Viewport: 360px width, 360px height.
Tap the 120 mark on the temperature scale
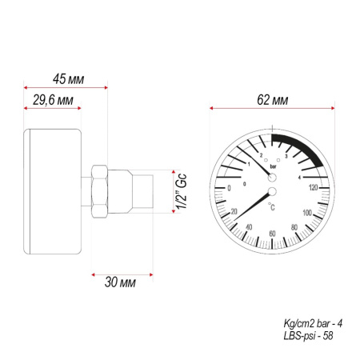click(x=313, y=186)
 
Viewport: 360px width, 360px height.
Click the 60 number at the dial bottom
click(x=273, y=234)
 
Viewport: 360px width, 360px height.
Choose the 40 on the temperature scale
click(x=250, y=228)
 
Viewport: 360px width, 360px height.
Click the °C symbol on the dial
click(x=273, y=207)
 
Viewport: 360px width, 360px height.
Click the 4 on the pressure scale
click(x=299, y=177)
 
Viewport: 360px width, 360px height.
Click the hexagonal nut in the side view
click(x=101, y=192)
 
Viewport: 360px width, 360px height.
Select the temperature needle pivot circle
click(x=272, y=192)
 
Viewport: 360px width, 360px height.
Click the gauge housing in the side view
click(x=54, y=192)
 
